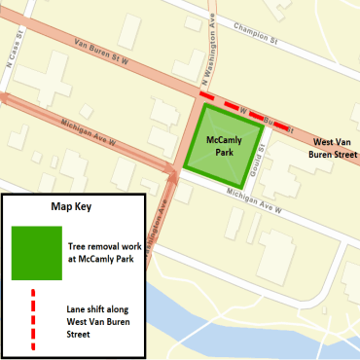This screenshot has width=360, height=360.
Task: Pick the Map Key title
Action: pos(71,207)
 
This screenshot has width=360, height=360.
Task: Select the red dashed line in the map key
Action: pos(36,320)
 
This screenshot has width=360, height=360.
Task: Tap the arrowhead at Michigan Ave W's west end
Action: pos(5,96)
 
